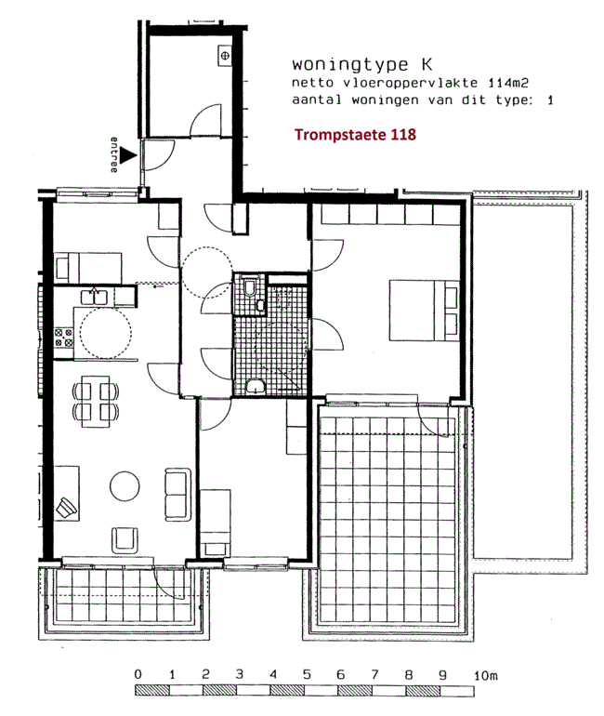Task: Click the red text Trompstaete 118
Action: click(355, 135)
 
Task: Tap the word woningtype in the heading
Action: click(350, 65)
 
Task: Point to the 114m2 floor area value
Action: click(508, 83)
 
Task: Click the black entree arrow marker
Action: click(128, 155)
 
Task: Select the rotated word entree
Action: click(114, 154)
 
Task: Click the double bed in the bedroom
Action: click(424, 311)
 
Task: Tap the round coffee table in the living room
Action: click(125, 485)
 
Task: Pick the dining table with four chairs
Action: click(96, 402)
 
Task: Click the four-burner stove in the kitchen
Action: click(64, 338)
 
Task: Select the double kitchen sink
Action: click(95, 297)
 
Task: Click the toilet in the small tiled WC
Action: click(250, 286)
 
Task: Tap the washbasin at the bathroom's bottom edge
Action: click(255, 387)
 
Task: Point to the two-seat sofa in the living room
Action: click(177, 495)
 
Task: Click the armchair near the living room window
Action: click(125, 540)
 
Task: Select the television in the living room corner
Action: click(66, 508)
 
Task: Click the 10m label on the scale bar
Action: click(485, 675)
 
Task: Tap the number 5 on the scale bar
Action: click(307, 674)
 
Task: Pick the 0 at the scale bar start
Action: click(138, 674)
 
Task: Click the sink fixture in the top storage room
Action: click(225, 56)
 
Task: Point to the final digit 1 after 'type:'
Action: click(550, 100)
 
